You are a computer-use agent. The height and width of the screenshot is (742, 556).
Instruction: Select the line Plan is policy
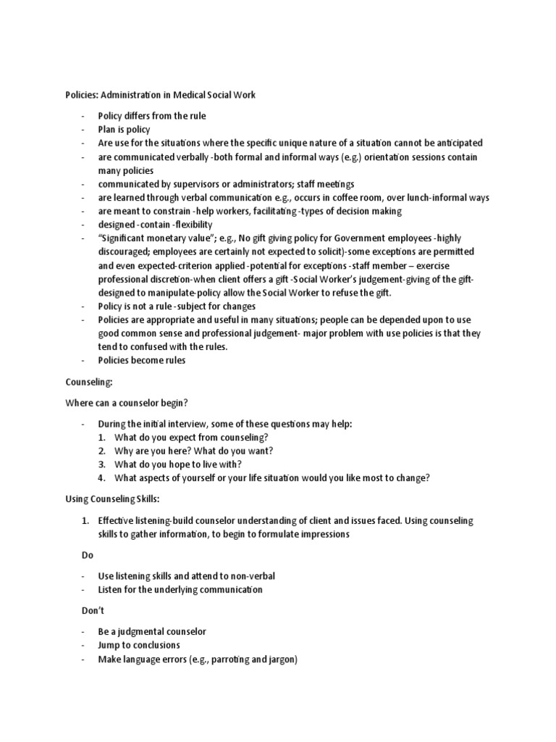125,130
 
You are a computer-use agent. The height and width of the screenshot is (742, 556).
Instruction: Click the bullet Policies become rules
142,360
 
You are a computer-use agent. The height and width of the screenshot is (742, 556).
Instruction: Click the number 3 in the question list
102,464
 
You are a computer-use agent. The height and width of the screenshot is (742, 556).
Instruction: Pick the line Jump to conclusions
139,645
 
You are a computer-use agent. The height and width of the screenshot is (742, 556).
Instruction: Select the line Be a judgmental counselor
152,631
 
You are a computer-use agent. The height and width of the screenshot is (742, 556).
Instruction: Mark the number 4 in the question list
102,478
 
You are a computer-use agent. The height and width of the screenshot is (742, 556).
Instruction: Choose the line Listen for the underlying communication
180,590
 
